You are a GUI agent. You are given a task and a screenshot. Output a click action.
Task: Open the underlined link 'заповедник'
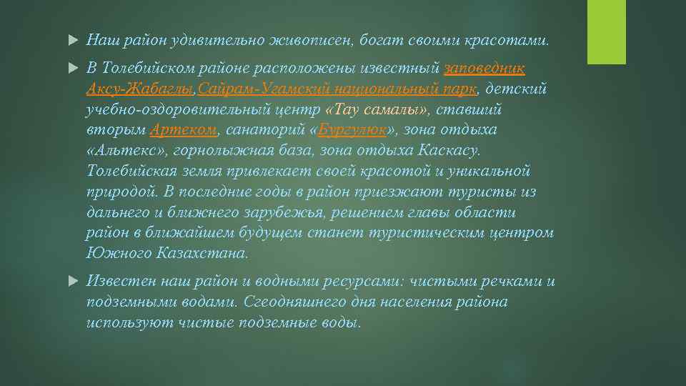(x=484, y=69)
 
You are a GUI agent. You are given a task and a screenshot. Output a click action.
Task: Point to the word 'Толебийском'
(x=149, y=69)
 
